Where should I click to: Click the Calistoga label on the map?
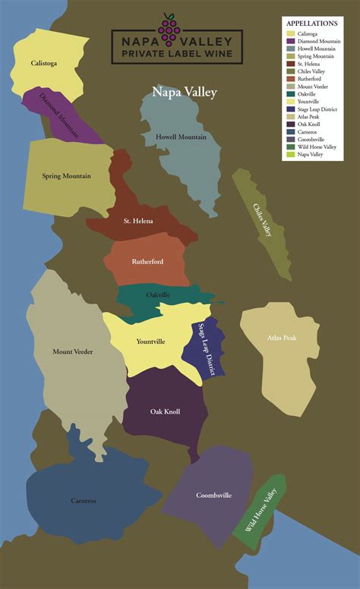[46, 64]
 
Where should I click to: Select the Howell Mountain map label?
[181, 137]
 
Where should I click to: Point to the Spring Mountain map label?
[66, 176]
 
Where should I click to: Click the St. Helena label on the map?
[138, 221]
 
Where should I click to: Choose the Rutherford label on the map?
[147, 261]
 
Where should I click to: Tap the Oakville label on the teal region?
[158, 294]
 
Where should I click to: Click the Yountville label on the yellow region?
[150, 342]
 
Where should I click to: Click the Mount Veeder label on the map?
[73, 351]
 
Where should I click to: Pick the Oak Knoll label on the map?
[165, 411]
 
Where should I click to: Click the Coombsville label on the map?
[213, 496]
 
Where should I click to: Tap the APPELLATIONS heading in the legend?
[314, 24]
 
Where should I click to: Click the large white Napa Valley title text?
[185, 93]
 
